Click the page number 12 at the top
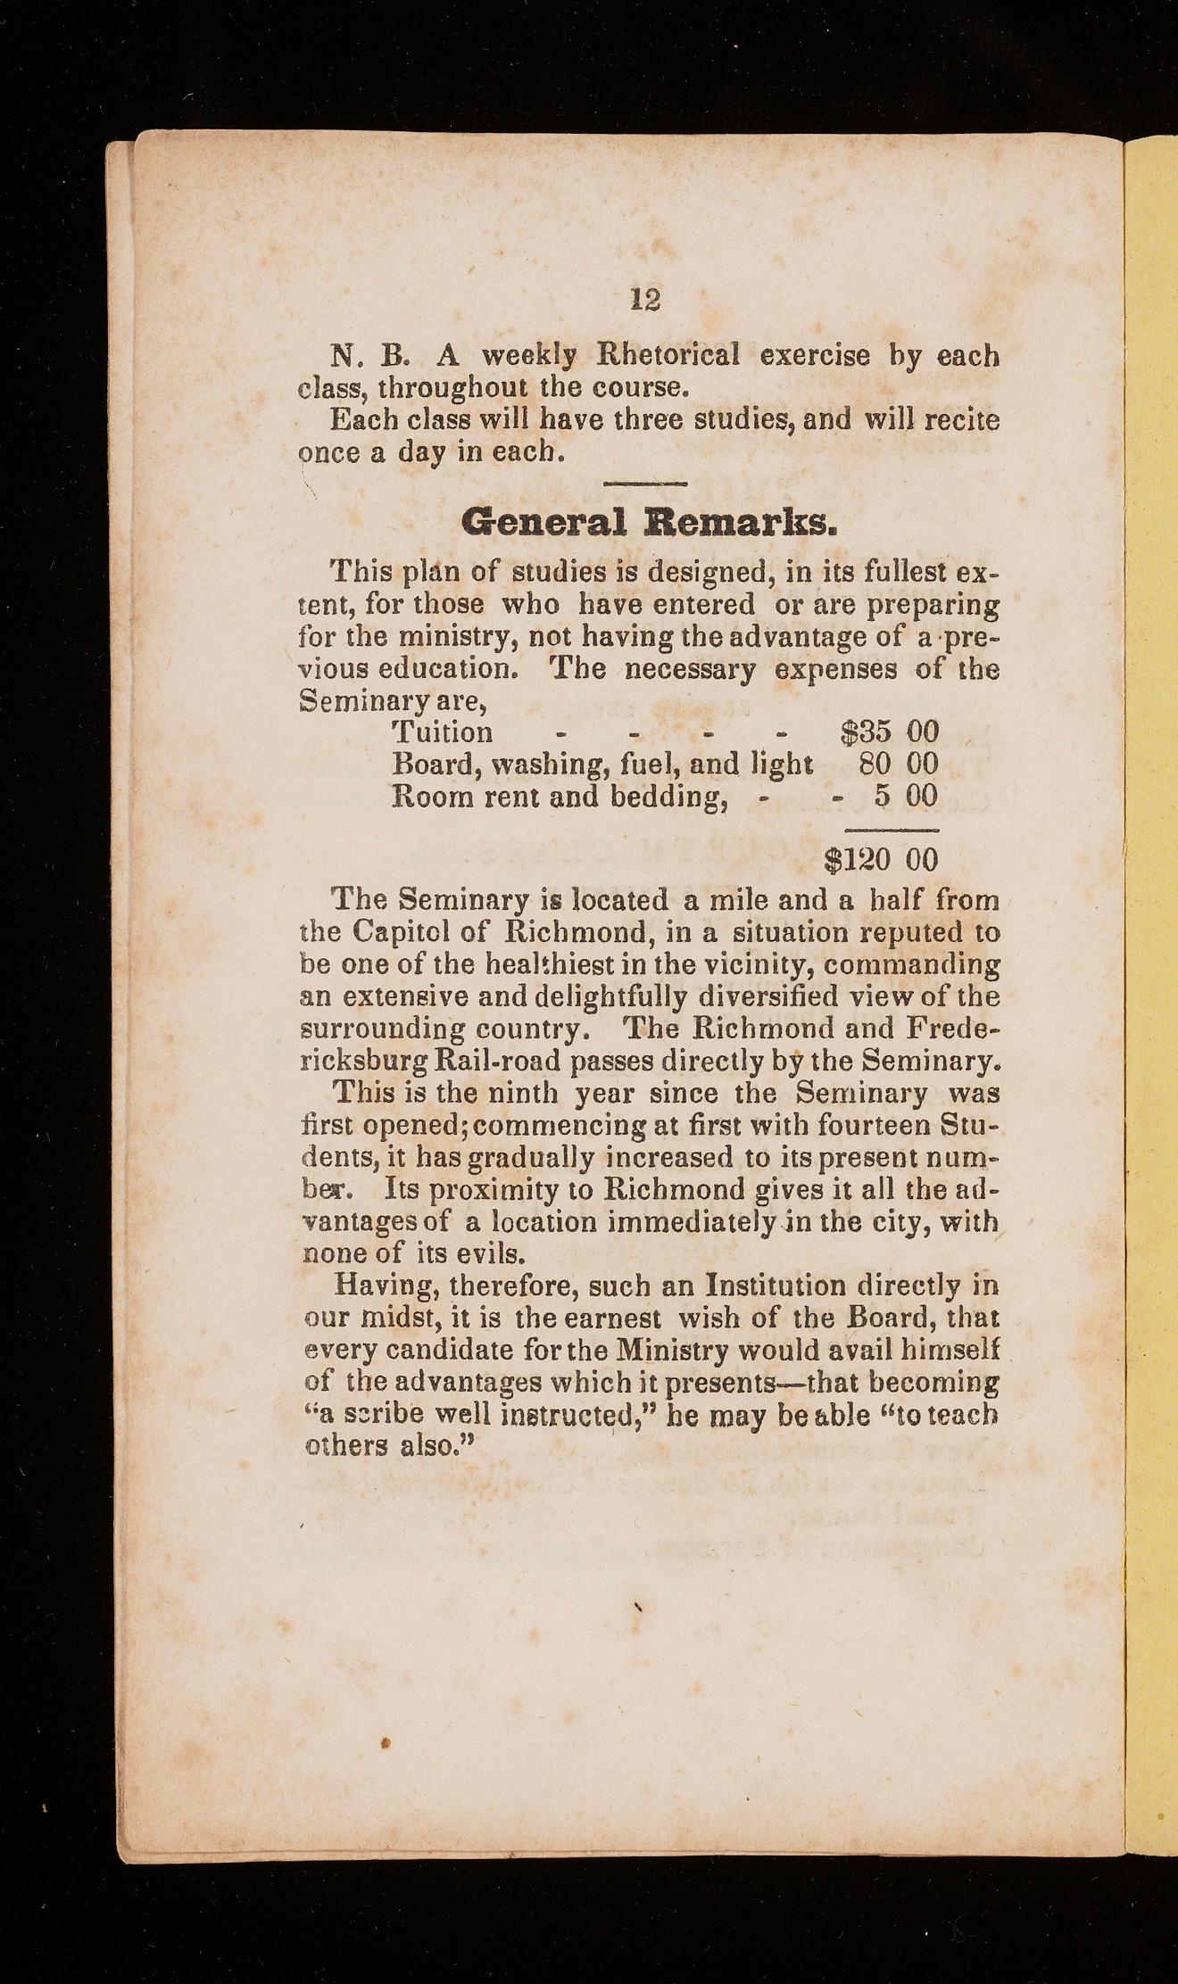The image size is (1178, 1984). pos(645,298)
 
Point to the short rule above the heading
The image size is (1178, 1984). pos(643,484)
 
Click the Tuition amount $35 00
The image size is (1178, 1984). pos(890,732)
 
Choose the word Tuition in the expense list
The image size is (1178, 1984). pos(443,732)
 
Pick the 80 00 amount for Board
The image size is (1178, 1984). pos(898,765)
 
